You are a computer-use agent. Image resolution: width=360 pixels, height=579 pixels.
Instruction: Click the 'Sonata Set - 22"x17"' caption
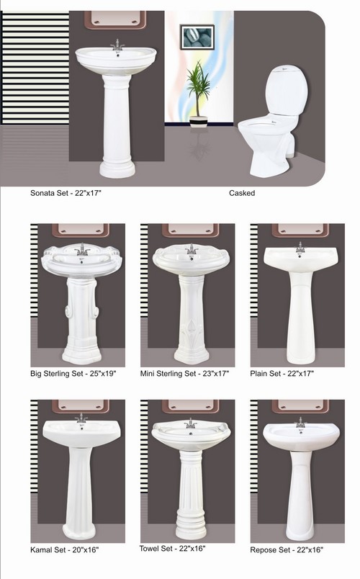66,193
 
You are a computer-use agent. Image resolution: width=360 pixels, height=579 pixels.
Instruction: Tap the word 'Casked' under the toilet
242,193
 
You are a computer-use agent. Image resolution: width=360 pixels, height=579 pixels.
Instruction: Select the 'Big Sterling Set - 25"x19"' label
73,373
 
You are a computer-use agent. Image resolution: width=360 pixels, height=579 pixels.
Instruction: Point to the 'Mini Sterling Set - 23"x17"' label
184,373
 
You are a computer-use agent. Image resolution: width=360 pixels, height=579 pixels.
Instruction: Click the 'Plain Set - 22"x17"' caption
282,373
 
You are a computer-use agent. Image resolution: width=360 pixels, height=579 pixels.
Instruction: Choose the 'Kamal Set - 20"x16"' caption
65,549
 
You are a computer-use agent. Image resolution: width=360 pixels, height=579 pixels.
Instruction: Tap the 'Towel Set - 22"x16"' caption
172,548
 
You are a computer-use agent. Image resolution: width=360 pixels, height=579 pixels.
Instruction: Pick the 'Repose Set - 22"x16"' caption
287,549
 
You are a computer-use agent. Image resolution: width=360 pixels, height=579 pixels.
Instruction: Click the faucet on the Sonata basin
117,45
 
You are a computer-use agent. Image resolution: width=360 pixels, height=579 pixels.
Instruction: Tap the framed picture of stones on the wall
197,37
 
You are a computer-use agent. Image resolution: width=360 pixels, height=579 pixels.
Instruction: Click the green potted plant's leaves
198,86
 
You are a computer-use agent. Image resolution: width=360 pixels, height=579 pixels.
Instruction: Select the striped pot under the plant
198,121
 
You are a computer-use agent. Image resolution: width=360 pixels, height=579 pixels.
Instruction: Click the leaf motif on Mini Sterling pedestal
192,332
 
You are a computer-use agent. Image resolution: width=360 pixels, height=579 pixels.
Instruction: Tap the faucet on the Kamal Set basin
81,418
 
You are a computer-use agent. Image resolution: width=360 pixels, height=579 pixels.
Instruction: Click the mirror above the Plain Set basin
300,230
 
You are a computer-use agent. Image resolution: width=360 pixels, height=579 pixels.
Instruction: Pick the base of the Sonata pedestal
117,169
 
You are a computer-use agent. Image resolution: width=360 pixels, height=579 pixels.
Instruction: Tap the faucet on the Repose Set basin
300,423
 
